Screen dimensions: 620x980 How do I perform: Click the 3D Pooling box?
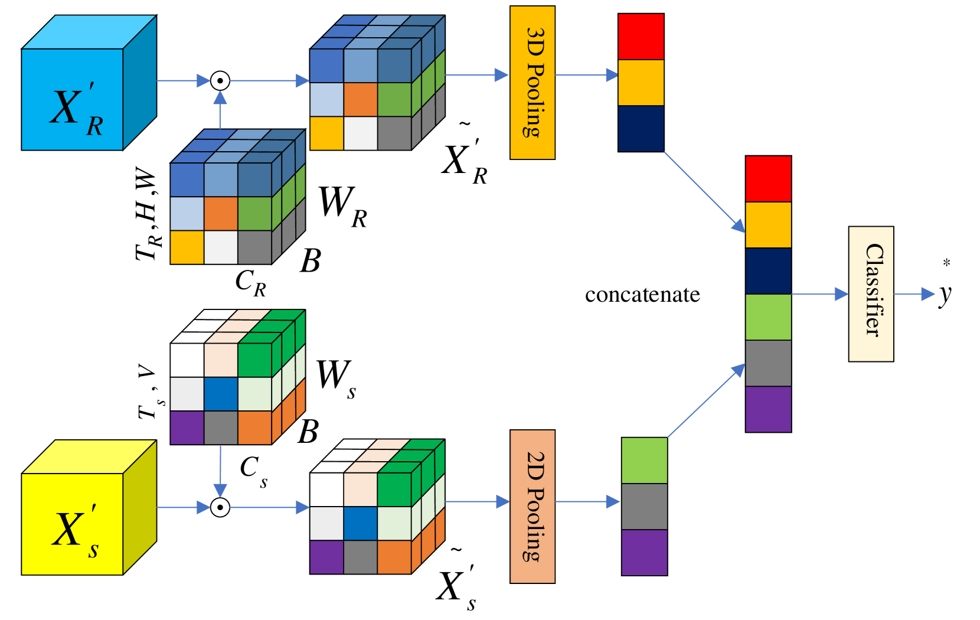532,83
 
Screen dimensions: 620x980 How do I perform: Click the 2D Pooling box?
532,506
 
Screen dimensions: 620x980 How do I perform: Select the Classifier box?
871,293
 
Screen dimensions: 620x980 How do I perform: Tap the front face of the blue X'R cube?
72,99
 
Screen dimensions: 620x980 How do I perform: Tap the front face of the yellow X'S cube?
72,524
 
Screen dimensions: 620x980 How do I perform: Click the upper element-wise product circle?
220,80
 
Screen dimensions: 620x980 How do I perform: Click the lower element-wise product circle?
220,507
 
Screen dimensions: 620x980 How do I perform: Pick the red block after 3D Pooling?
641,37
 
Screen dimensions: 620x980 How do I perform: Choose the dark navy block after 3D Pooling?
641,128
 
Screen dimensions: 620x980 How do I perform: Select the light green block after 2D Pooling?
644,461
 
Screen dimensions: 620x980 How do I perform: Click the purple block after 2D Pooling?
644,552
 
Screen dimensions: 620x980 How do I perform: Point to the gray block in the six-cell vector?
768,363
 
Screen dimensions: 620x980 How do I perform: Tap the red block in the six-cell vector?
768,179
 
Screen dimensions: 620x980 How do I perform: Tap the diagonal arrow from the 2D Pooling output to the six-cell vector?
705,401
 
